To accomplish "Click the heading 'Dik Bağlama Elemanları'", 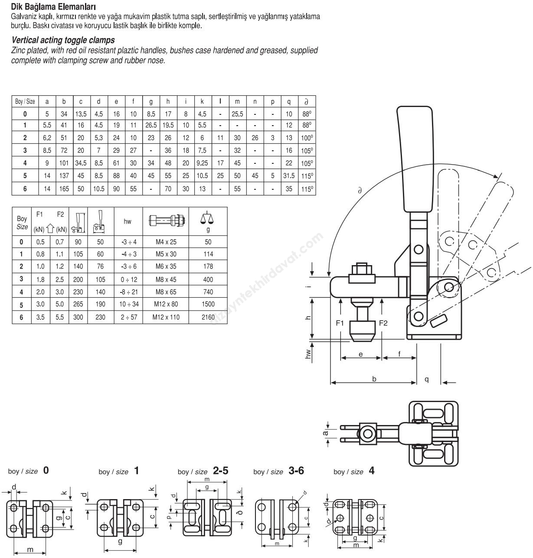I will pyautogui.click(x=53, y=7).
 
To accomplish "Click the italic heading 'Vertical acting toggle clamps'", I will pyautogui.click(x=63, y=40).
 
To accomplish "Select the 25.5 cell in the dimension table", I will pyautogui.click(x=237, y=114).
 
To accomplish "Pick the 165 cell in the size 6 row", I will pyautogui.click(x=64, y=189).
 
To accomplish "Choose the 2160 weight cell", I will pyautogui.click(x=208, y=317).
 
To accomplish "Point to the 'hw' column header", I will pyautogui.click(x=128, y=221).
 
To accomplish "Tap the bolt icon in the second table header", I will pyautogui.click(x=167, y=220).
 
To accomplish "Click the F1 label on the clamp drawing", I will pyautogui.click(x=340, y=323).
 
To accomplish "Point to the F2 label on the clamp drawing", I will pyautogui.click(x=383, y=323).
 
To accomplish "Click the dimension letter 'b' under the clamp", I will pyautogui.click(x=374, y=379).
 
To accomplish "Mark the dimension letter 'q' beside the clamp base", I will pyautogui.click(x=427, y=379).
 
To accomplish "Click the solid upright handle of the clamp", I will pyautogui.click(x=415, y=160).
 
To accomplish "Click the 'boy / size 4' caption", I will pyautogui.click(x=353, y=471).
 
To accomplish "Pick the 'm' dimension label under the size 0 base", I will pyautogui.click(x=30, y=549).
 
